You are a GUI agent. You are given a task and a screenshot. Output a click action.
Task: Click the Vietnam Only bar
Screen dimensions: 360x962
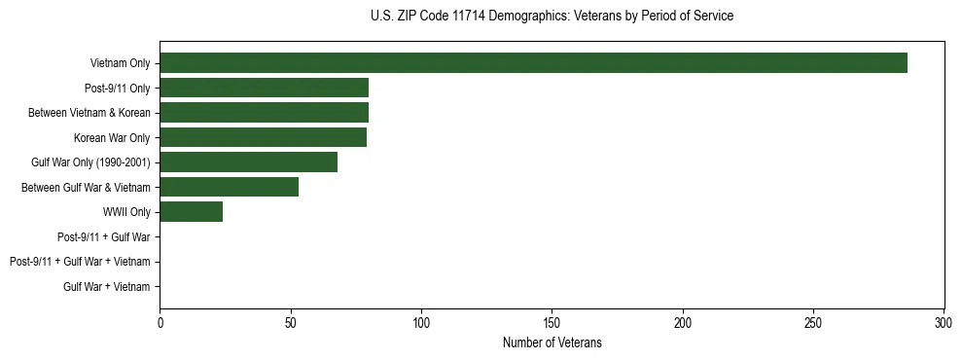[x=533, y=63]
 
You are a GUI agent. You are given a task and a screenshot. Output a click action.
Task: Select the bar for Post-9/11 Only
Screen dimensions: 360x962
[x=264, y=88]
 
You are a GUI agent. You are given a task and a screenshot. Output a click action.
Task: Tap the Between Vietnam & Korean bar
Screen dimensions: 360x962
[x=264, y=113]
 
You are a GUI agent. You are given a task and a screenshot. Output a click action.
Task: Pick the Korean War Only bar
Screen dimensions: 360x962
[x=263, y=137]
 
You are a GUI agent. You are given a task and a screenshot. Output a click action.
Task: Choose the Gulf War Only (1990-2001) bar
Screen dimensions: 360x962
[x=248, y=162]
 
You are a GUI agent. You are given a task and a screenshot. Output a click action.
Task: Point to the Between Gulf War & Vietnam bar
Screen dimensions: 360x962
[x=229, y=187]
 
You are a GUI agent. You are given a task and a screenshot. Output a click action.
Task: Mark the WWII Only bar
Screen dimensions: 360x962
[x=191, y=212]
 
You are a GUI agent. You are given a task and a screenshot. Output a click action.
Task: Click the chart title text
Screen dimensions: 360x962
[x=552, y=17]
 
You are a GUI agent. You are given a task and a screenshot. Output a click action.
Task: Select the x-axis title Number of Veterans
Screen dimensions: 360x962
[x=552, y=343]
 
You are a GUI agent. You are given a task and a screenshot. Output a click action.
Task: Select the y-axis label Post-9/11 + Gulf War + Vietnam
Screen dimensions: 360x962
[x=80, y=262]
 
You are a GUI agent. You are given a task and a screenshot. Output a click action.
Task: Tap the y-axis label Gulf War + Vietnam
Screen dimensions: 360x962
[x=106, y=286]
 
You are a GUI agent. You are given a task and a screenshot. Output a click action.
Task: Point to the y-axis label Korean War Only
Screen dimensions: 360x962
[x=112, y=137]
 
